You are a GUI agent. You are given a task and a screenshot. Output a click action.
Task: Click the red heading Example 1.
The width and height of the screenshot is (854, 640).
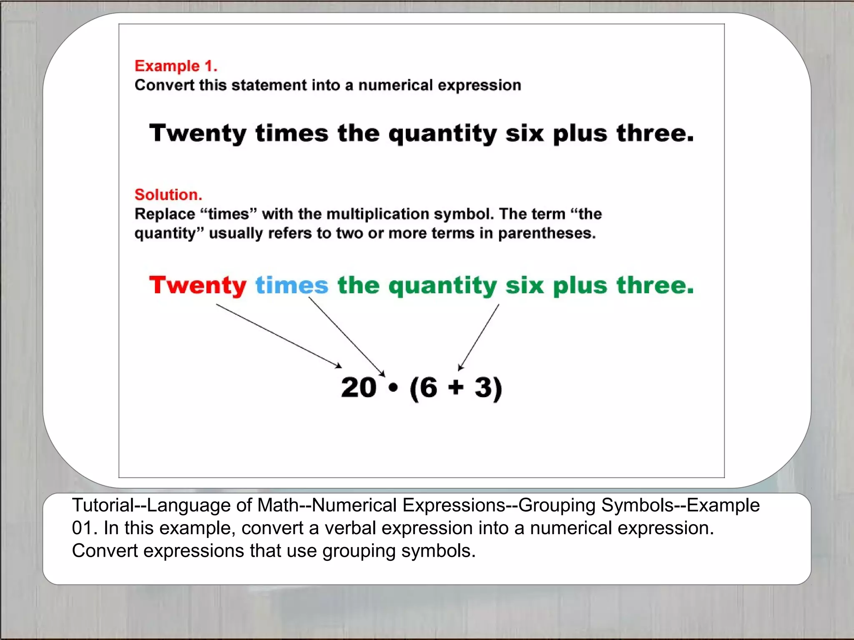pos(176,66)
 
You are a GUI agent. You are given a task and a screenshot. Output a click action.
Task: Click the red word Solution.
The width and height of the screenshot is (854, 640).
pos(168,195)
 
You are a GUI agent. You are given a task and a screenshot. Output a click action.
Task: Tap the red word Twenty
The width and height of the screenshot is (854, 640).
pos(198,286)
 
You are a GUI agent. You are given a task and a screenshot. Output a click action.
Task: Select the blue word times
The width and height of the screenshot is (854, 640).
pos(291,286)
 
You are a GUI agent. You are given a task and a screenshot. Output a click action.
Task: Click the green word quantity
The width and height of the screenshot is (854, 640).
pos(442,287)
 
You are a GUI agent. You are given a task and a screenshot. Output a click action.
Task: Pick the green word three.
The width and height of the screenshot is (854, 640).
pos(655,286)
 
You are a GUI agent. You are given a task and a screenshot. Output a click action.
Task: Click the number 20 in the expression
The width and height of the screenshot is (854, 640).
pos(359,388)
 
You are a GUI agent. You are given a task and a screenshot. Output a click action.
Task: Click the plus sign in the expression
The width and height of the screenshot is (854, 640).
pos(456,387)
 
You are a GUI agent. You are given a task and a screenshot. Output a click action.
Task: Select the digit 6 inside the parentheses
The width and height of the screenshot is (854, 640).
pos(429,388)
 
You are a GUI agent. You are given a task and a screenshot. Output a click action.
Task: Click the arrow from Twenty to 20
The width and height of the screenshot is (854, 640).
pos(279,336)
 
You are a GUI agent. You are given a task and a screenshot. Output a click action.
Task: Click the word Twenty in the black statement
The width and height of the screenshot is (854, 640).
pos(198,134)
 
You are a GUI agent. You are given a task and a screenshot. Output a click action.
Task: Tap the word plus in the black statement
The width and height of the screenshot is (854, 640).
pos(580,135)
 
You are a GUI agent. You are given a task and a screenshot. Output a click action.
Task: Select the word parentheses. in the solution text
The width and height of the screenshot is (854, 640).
pos(547,233)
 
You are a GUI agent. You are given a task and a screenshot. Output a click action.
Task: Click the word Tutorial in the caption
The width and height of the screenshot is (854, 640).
pos(102,505)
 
